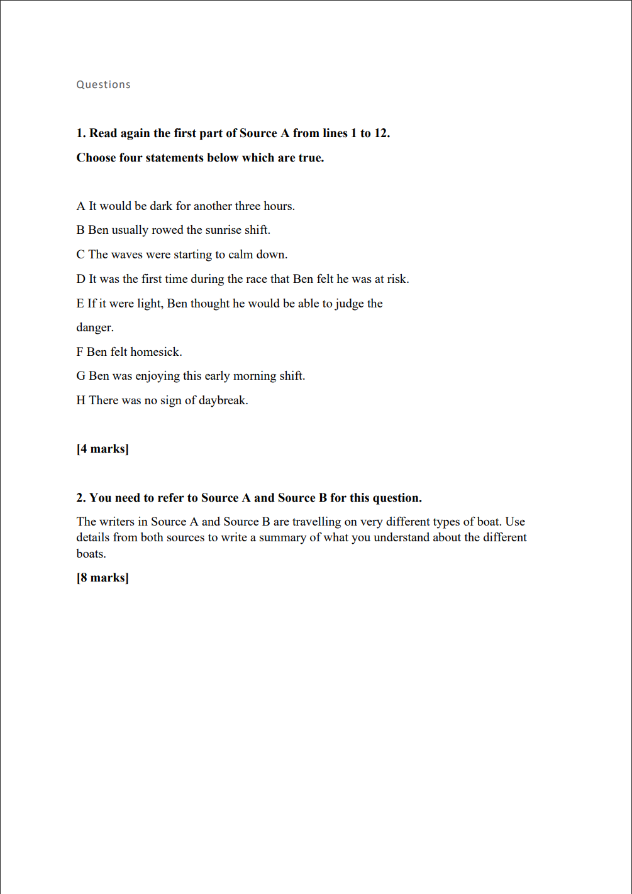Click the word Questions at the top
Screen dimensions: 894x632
pyautogui.click(x=103, y=85)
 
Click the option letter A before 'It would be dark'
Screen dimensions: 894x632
pyautogui.click(x=80, y=206)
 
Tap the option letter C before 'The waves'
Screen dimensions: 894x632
pyautogui.click(x=80, y=255)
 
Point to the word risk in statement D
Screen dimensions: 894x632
pyautogui.click(x=397, y=279)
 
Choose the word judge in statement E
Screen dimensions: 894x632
pyautogui.click(x=349, y=304)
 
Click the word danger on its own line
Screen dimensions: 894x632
pyautogui.click(x=94, y=328)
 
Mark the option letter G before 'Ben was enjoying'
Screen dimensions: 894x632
pyautogui.click(x=80, y=376)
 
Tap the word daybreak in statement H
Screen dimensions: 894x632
pyautogui.click(x=223, y=400)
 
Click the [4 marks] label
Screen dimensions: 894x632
pyautogui.click(x=103, y=449)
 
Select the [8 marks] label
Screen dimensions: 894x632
pyautogui.click(x=103, y=578)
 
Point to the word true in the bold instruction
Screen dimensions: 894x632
pyautogui.click(x=311, y=158)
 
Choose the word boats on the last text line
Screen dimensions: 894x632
pyautogui.click(x=91, y=554)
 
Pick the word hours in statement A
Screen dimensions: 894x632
pyautogui.click(x=278, y=206)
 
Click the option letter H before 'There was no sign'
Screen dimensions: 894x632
pyautogui.click(x=81, y=400)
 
